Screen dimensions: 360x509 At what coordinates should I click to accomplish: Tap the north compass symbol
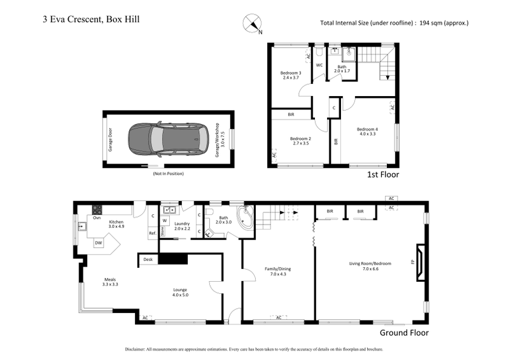252,23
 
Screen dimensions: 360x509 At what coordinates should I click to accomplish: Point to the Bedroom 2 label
300,141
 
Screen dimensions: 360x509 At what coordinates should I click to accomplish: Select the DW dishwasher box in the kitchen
98,242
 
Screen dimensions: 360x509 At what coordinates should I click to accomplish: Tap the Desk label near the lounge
148,260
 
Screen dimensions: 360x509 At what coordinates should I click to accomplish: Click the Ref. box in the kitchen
153,233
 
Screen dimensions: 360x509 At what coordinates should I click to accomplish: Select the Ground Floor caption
404,333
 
